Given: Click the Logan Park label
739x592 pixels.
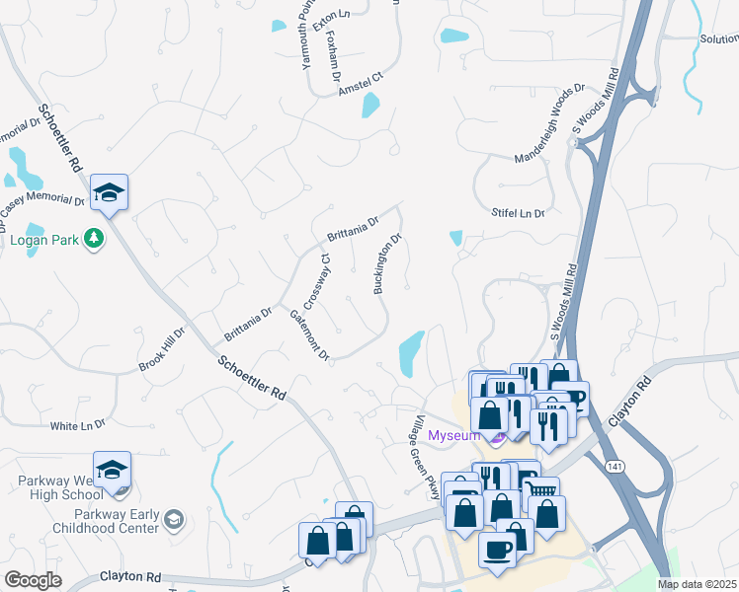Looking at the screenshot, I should (42, 239).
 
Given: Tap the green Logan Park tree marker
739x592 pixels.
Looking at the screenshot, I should (94, 238).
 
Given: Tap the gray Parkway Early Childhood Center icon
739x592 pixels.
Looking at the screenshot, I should (174, 519).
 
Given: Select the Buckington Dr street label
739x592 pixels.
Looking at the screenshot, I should (386, 263).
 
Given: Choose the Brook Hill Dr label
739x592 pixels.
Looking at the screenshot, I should (162, 350).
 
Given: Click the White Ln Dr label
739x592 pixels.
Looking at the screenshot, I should (78, 424).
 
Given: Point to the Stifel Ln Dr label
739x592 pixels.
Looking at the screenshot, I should (519, 213).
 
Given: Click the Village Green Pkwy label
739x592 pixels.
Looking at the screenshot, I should (426, 458).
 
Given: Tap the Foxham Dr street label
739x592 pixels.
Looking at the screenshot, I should (334, 57).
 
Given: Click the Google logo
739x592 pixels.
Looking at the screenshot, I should (33, 580).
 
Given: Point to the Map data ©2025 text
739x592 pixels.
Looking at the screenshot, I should (698, 584).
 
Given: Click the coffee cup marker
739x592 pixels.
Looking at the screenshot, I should (496, 548).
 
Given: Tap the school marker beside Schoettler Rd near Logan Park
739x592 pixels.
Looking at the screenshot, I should (110, 193).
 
